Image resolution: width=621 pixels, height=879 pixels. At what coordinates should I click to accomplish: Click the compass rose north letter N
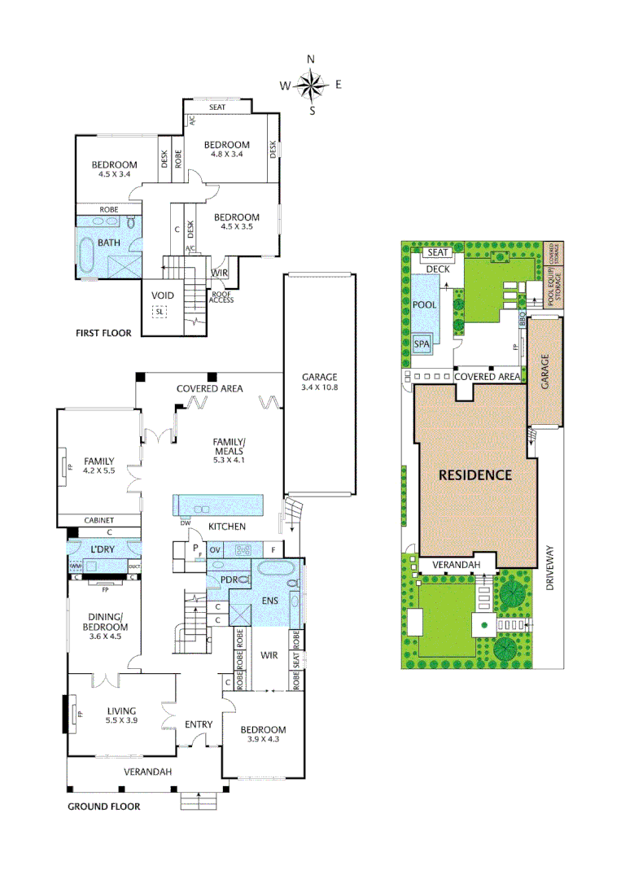[310, 59]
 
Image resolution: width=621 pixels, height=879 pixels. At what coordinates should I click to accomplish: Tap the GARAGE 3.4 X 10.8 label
[319, 383]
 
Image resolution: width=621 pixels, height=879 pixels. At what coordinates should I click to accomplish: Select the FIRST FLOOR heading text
[103, 334]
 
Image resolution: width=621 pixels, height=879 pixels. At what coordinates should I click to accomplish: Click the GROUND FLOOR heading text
[103, 807]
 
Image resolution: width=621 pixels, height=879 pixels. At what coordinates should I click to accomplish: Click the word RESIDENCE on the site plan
[475, 474]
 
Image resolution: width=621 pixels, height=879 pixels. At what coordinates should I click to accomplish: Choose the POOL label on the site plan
[424, 304]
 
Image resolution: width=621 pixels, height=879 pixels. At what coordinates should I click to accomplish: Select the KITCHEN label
[227, 527]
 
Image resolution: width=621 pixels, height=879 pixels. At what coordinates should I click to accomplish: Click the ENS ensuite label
[269, 601]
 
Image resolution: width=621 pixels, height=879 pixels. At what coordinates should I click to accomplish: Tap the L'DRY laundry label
[103, 550]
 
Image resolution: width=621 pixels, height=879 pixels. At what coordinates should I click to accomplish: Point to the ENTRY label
[199, 724]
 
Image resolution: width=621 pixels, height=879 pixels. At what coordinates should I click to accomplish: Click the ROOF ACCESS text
[222, 297]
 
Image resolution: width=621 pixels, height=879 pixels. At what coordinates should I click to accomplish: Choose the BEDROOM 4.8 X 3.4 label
[227, 149]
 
